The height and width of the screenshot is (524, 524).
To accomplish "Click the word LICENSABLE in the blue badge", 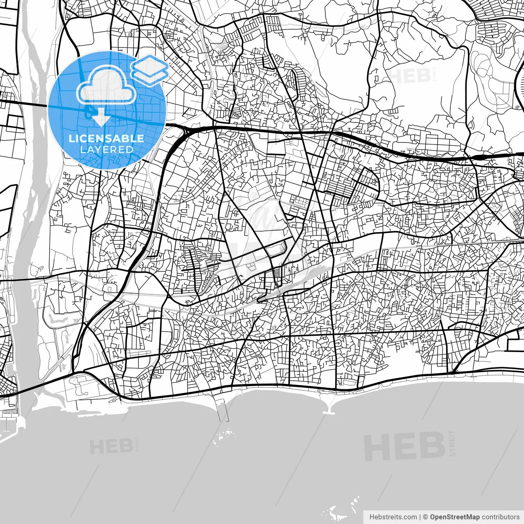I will tap(106, 138).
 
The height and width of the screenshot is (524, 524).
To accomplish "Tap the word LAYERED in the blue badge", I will tap(106, 149).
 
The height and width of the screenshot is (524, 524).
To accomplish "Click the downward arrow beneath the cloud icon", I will tap(100, 119).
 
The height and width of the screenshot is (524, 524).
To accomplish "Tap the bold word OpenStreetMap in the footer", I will tap(455, 517).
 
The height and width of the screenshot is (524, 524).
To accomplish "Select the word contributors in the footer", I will tap(500, 517).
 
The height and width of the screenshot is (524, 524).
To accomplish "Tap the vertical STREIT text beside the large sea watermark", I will tap(452, 443).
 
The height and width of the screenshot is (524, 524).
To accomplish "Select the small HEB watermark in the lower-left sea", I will tap(111, 446).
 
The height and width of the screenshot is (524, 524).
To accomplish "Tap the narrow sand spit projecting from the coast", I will tap(330, 407).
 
